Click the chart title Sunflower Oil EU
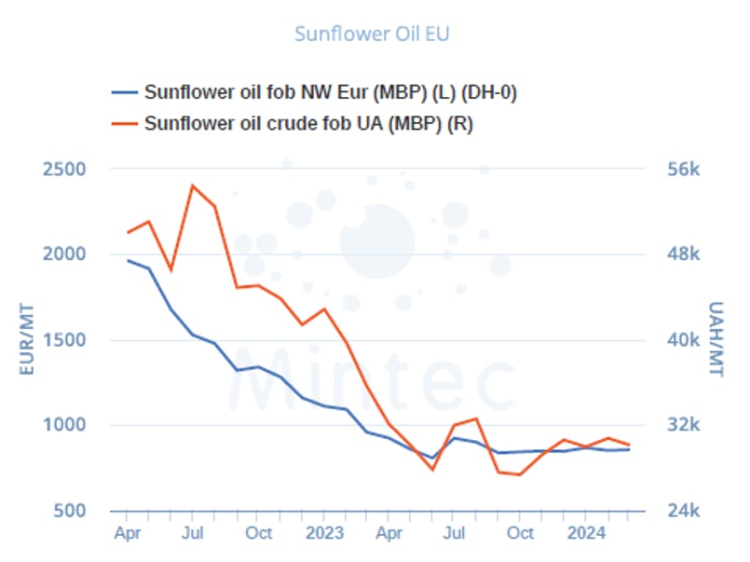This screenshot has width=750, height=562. point(373,34)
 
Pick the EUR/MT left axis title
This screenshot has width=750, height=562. point(27,340)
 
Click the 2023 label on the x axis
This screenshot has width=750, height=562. point(324,534)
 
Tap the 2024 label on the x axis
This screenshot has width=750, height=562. point(585,534)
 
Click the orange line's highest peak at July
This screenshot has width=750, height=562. point(193,185)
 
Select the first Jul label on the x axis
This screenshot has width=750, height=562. point(193,534)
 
